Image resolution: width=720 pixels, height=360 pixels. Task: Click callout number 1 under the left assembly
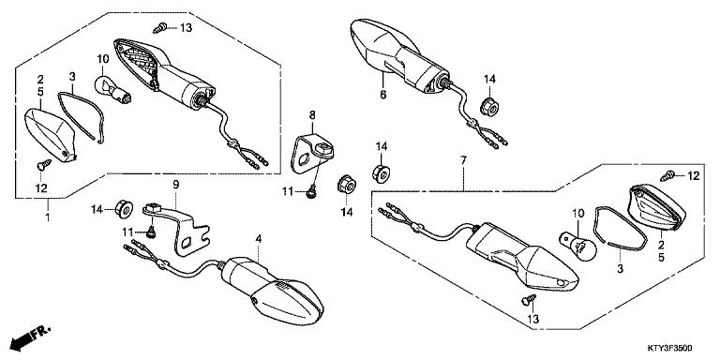click(47, 217)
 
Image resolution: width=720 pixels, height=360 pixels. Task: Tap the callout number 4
click(259, 239)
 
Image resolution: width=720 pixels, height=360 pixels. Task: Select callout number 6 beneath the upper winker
click(382, 95)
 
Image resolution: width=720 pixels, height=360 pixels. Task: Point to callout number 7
click(463, 160)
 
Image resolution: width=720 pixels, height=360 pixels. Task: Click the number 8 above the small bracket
click(312, 115)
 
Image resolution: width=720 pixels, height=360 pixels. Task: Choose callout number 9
click(175, 185)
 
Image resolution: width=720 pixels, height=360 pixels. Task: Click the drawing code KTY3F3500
click(670, 348)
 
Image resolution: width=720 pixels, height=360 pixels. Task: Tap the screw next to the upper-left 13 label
click(159, 28)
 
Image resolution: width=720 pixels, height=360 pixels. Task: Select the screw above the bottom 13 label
click(529, 300)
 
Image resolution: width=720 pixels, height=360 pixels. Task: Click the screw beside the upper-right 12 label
click(667, 175)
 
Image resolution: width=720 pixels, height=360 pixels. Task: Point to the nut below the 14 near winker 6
click(489, 107)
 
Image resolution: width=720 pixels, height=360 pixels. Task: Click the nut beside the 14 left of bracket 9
click(124, 209)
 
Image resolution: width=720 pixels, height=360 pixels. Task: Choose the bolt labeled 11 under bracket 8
click(312, 190)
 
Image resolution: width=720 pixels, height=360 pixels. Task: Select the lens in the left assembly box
click(50, 135)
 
